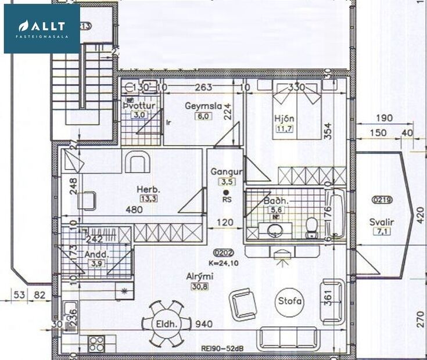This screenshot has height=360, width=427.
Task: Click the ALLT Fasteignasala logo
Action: [x=42, y=29]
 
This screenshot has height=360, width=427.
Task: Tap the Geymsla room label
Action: [x=197, y=106]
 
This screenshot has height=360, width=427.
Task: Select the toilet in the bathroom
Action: [x=311, y=228]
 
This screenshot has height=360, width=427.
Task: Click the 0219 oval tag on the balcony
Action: [x=382, y=200]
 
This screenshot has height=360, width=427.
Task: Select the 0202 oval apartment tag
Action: [x=224, y=253]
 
